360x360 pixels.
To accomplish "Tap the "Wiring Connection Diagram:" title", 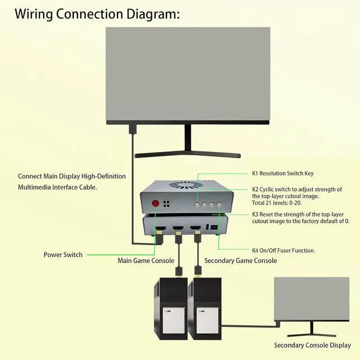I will tap(97, 13).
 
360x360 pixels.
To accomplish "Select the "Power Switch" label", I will tap(63, 255).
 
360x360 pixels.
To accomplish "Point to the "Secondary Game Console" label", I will tap(240, 260).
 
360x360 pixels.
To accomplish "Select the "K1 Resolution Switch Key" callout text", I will tap(283, 174).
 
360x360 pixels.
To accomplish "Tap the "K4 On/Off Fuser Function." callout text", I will tap(283, 250).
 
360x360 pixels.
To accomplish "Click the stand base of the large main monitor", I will tap(187, 155).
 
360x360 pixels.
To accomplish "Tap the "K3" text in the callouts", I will tap(255, 214).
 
